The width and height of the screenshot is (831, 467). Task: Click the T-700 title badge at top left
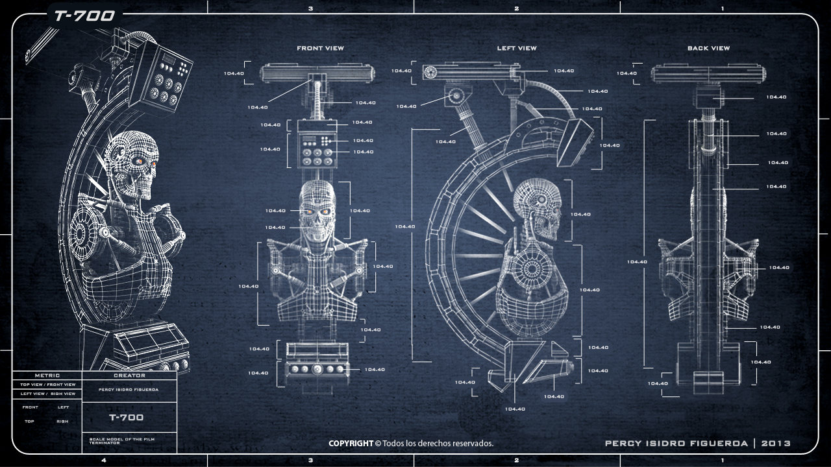pos(84,15)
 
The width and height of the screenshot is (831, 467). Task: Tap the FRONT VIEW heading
pos(320,48)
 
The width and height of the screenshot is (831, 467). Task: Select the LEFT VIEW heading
pos(517,48)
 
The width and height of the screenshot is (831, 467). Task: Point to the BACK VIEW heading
pos(708,48)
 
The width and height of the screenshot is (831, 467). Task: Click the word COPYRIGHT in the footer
pos(351,444)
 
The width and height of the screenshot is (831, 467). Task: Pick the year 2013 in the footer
pos(776,444)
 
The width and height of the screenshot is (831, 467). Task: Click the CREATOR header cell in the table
pos(129,375)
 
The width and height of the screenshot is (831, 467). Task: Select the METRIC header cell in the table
pos(47,375)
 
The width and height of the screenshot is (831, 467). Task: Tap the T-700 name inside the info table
pos(126,417)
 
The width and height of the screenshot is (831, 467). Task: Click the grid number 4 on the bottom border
pos(104,461)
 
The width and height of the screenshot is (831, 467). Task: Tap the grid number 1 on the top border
pos(723,8)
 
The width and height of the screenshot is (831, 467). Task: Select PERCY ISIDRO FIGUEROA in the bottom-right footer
pos(675,444)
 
